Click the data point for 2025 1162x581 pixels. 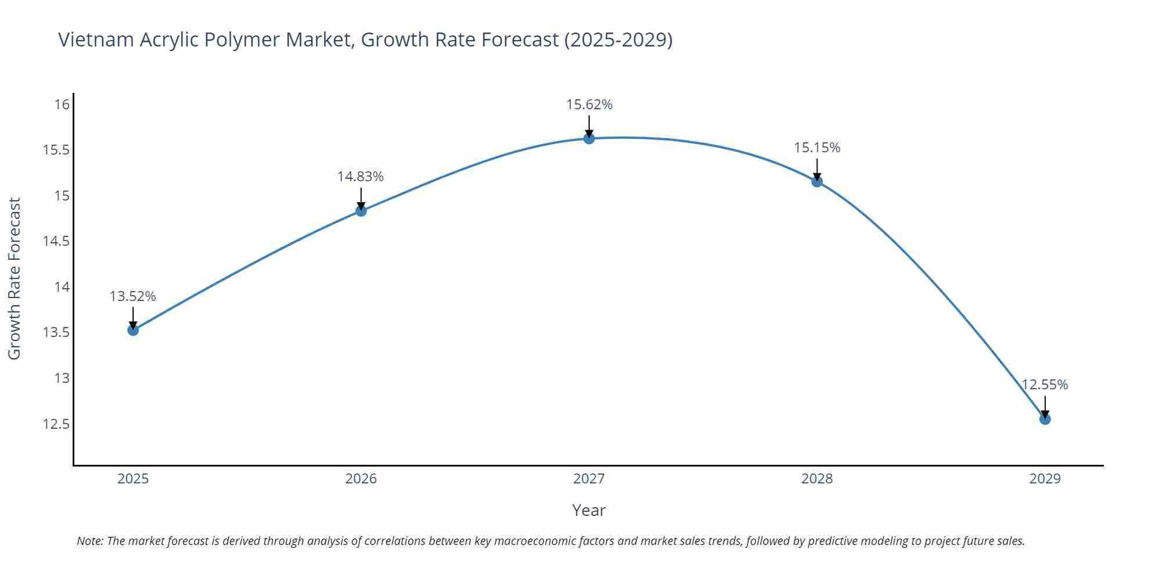tap(133, 330)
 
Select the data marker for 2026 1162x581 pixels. tap(361, 211)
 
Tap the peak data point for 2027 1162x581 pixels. tap(589, 138)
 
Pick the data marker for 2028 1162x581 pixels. tap(817, 181)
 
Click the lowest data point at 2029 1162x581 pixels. tap(1045, 419)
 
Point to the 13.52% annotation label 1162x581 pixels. tap(133, 296)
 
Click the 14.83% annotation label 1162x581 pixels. tap(361, 177)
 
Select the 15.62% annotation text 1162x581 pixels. tap(589, 105)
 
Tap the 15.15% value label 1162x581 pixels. tap(817, 148)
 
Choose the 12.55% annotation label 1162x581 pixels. tap(1045, 385)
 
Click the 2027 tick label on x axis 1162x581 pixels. tap(589, 479)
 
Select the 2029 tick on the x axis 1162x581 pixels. tap(1045, 479)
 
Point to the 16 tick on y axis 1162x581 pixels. tap(62, 105)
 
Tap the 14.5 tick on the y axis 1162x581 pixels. tap(56, 241)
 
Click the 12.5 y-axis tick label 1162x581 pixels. tap(56, 424)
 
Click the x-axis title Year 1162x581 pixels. tap(589, 510)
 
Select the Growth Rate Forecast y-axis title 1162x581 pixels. tap(14, 278)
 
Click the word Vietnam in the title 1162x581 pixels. tap(96, 40)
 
